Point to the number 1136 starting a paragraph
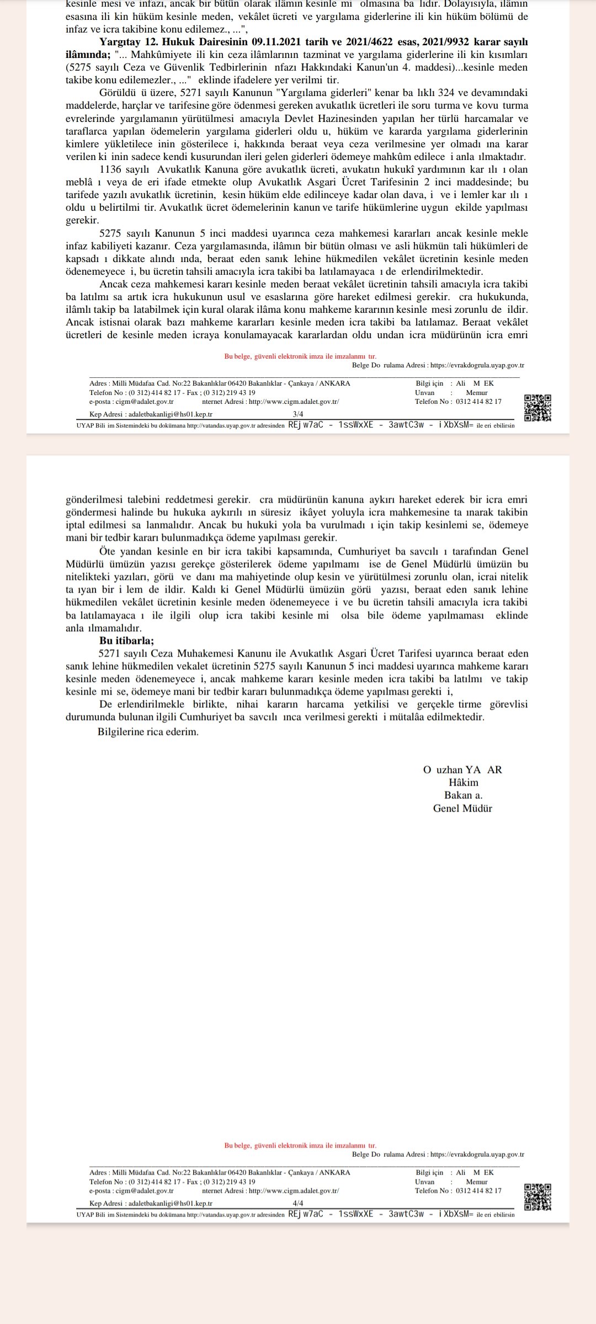[110, 169]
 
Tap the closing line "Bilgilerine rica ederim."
[148, 732]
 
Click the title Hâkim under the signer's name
[463, 783]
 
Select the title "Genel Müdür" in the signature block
[462, 808]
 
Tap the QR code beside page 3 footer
[538, 408]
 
